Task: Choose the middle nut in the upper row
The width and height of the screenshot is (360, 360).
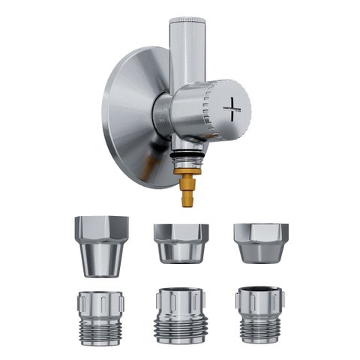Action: pyautogui.click(x=181, y=242)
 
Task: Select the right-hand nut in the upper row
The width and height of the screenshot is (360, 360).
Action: pyautogui.click(x=260, y=242)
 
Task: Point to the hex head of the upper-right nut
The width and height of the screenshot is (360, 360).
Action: pyautogui.click(x=260, y=233)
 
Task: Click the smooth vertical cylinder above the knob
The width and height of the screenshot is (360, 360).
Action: pyautogui.click(x=187, y=52)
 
